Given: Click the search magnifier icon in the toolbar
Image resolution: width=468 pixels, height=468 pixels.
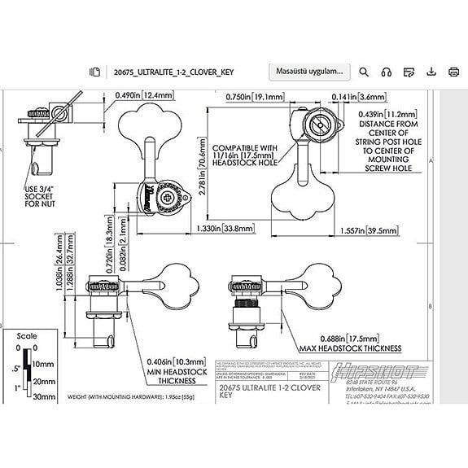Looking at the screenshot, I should click(365, 72).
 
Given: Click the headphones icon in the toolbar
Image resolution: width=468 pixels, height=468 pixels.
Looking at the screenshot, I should click(387, 72).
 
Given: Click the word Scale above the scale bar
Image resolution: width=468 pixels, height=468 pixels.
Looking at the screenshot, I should click(28, 335).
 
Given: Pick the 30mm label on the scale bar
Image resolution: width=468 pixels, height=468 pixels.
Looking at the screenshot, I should click(43, 398).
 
